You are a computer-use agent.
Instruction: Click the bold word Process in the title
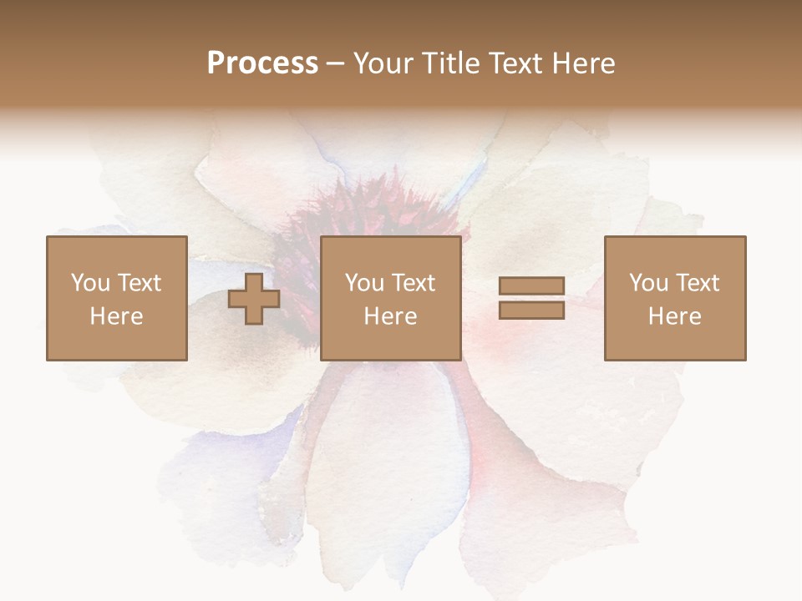coord(262,63)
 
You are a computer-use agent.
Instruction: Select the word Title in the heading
coord(451,63)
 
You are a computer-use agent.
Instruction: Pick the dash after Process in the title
coord(336,64)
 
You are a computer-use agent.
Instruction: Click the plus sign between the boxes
coord(254,299)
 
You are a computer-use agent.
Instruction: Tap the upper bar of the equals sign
coord(531,286)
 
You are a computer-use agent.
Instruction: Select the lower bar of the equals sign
coord(531,311)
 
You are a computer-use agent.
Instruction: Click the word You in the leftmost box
coord(90,283)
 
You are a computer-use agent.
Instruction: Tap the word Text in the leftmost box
coord(139,283)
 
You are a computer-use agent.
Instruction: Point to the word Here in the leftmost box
coord(117,316)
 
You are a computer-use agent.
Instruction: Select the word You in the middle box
coord(364,283)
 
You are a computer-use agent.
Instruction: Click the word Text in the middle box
coord(413,283)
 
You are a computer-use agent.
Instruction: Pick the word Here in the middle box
coord(391,316)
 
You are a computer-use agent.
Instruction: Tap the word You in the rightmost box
coord(648,283)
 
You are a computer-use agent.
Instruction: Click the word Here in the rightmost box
coord(675,316)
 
